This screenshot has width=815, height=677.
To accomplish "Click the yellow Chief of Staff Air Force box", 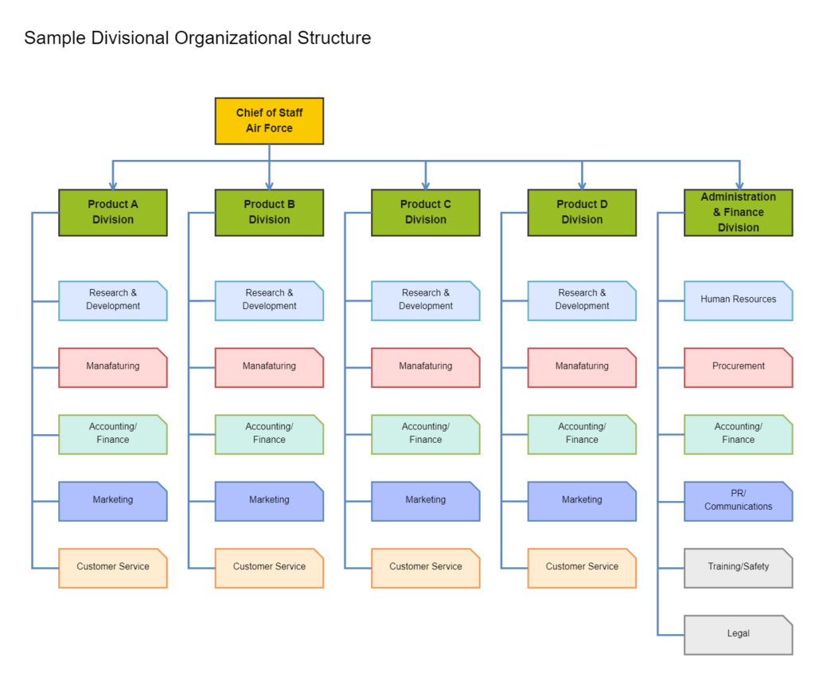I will point(269,121).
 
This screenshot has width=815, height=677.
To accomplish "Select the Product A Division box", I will point(112,213).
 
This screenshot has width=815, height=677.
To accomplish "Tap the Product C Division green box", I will point(425,213).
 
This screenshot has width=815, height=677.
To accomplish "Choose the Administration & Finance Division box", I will point(738,213).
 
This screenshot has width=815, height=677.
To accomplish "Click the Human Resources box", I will point(738,300).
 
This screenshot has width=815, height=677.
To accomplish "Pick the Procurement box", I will point(738,367).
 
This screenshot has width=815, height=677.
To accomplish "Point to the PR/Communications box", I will point(738,501).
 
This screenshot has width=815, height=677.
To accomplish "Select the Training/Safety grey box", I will point(738,568).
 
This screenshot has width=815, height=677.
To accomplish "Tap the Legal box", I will point(738,635).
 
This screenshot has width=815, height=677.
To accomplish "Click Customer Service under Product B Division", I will point(269,568).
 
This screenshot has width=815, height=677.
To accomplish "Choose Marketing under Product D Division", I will point(582,501).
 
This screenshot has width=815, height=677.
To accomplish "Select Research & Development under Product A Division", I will point(112,300).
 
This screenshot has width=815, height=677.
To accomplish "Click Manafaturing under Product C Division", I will point(425,367).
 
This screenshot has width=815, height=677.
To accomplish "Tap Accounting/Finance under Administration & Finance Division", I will point(738,434).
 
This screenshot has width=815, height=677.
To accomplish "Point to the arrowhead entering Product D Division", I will point(582,185).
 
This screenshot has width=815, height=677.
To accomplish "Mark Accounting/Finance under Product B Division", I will point(269,434).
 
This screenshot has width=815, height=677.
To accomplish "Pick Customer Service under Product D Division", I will point(582,568).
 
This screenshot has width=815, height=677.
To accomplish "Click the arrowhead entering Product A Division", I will point(113,185).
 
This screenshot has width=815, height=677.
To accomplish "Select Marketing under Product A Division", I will point(112,501).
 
